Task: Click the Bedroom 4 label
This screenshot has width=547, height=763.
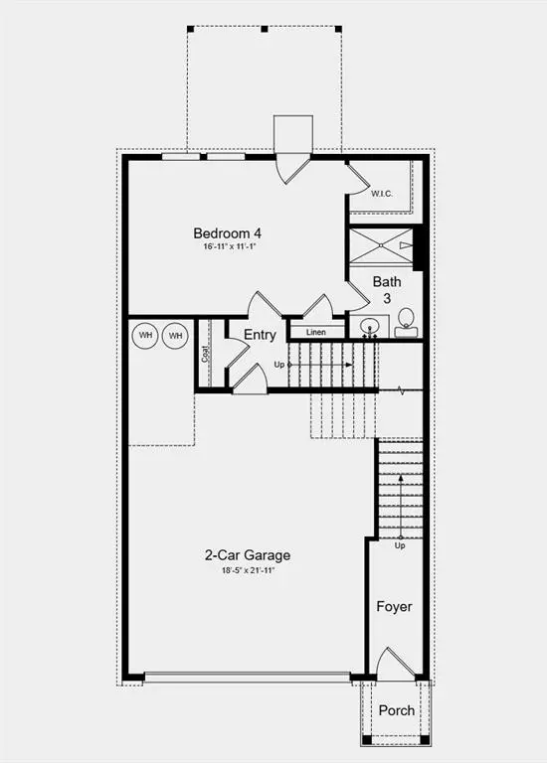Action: [x=228, y=233]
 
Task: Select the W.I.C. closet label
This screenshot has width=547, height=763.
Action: [x=382, y=194]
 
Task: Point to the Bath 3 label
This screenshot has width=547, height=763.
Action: [x=387, y=289]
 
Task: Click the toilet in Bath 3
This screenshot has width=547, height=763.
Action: [x=406, y=322]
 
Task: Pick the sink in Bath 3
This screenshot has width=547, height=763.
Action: [x=372, y=327]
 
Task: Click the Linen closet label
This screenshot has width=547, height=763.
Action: [x=316, y=332]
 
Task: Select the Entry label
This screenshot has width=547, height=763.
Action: [x=260, y=335]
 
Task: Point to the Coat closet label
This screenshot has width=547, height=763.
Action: [x=205, y=353]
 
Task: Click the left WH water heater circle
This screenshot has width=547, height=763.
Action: [x=146, y=336]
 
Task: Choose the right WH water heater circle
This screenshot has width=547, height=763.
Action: [x=176, y=336]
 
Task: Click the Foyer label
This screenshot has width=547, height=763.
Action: [x=394, y=606]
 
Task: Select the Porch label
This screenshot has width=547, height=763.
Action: [x=397, y=710]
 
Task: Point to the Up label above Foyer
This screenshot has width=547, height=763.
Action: [x=400, y=545]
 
